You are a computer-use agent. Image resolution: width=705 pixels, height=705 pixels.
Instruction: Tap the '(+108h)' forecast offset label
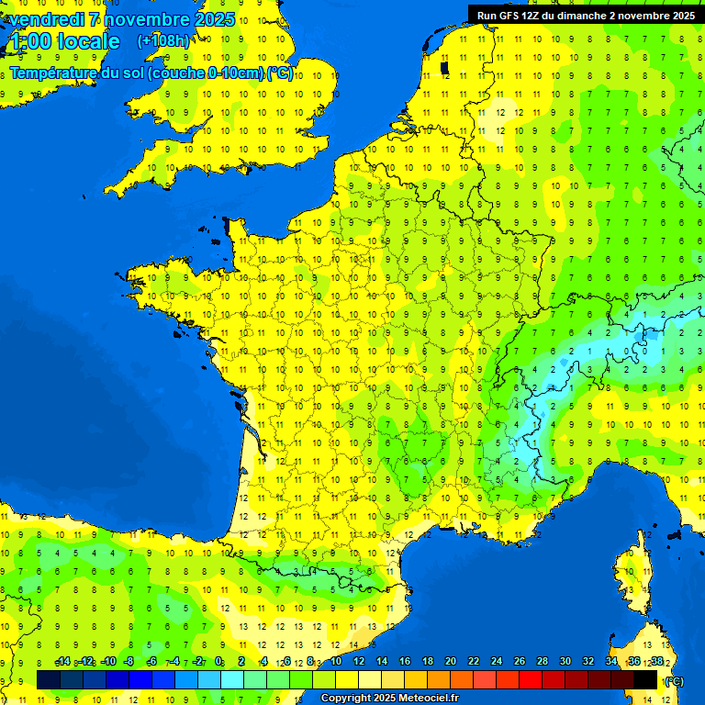point(163,40)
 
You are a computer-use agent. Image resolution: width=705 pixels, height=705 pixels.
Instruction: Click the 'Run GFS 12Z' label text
point(509,15)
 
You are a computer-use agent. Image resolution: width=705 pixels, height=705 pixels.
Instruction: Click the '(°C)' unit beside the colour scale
point(673,681)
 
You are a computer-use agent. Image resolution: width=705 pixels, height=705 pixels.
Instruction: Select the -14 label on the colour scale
point(63,662)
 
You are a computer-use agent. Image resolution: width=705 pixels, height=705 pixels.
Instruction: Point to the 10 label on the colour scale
point(336,662)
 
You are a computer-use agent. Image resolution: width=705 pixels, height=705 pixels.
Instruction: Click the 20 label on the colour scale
point(451,662)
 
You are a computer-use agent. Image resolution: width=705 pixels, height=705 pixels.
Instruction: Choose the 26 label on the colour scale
point(520,662)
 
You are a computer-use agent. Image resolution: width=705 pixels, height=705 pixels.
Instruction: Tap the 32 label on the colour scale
point(588,662)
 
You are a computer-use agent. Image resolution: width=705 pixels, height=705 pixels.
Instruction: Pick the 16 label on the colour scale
point(405,662)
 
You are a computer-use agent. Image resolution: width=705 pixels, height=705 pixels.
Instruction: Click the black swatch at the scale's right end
point(645,679)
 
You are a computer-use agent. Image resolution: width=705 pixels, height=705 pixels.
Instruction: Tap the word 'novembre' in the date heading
point(144,19)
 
